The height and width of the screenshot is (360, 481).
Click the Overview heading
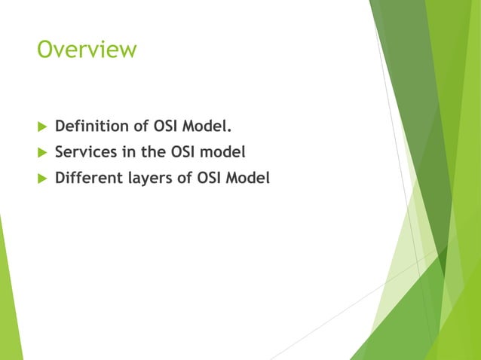[87, 50]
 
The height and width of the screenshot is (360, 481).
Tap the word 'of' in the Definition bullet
[137, 124]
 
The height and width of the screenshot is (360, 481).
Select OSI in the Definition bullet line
[166, 124]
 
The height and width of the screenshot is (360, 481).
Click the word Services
[84, 151]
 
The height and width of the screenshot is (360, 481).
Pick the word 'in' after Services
[127, 151]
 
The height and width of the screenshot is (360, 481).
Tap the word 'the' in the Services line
[154, 151]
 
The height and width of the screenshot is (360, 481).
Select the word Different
[87, 178]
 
